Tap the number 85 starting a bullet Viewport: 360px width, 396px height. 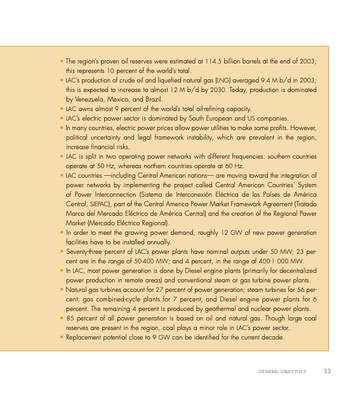[70, 318]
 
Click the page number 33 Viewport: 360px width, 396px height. [327, 371]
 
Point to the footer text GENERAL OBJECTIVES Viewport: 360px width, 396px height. [282, 371]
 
